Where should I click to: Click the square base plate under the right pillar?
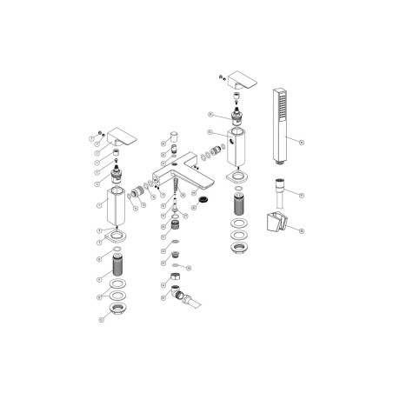pyautogui.click(x=236, y=178)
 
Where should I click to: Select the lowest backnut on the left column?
pyautogui.click(x=116, y=314)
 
